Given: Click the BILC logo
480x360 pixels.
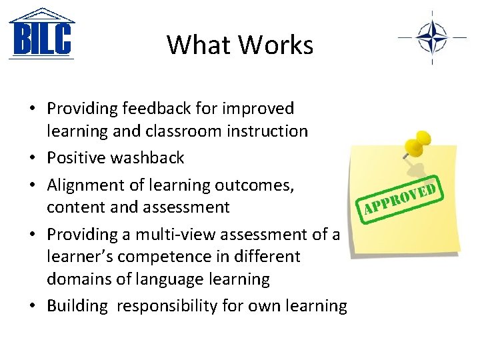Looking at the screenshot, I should [x=41, y=34].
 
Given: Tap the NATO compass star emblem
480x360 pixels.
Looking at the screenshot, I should [x=431, y=37].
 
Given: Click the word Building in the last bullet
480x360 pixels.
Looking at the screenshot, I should [x=77, y=306].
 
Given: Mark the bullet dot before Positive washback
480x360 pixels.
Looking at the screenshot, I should [x=32, y=159].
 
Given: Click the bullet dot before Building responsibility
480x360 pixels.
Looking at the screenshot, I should [x=32, y=307].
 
